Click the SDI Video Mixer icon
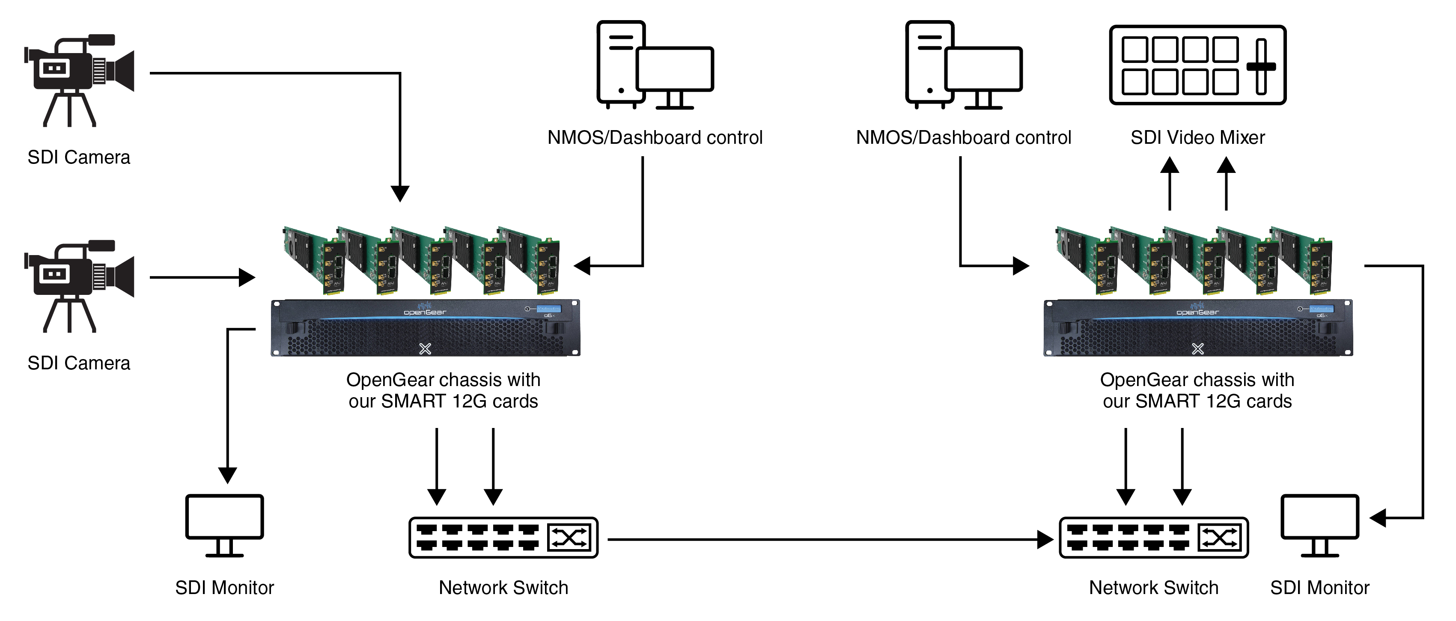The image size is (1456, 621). pos(1197,65)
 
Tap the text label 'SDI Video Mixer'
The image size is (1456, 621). pos(1197,137)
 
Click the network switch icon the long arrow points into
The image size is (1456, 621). pos(1153,538)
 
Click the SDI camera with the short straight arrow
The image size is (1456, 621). pos(79,286)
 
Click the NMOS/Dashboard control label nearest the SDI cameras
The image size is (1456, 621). pos(655,137)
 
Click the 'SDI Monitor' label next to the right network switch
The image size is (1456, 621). pos(1320,588)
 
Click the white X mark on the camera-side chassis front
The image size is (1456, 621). pos(425,349)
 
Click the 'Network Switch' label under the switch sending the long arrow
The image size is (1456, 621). pos(503,588)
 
